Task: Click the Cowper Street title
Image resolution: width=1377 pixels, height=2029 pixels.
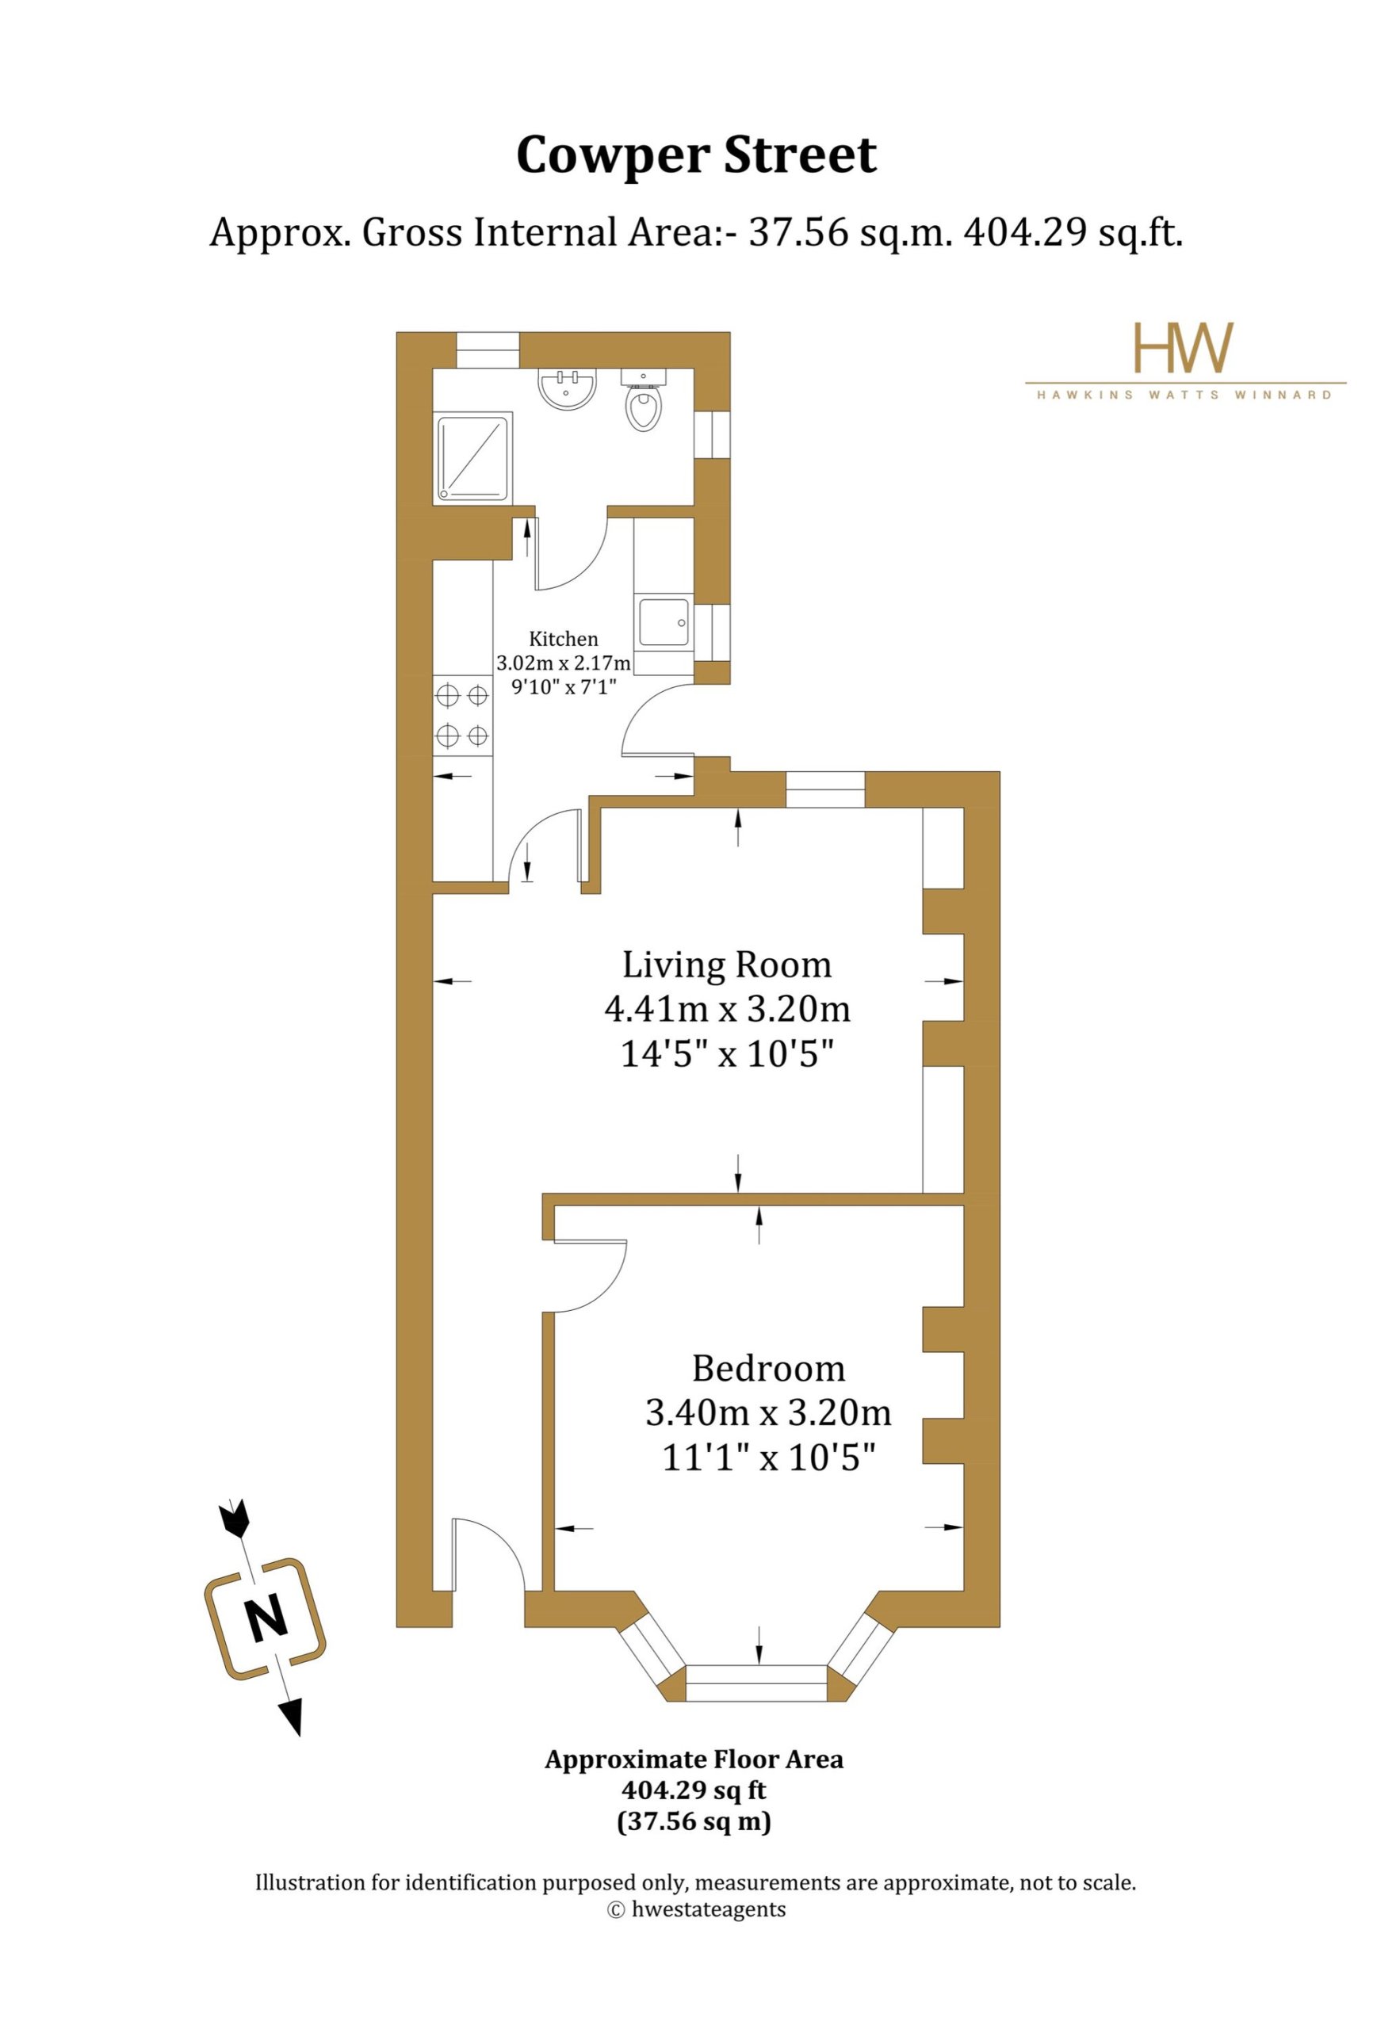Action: click(x=696, y=155)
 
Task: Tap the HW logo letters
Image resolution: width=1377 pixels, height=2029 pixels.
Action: click(x=1183, y=347)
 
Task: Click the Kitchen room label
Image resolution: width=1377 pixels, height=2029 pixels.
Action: click(x=563, y=639)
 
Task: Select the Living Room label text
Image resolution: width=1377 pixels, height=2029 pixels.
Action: click(x=726, y=965)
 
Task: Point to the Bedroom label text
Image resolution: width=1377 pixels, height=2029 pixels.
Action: click(x=768, y=1368)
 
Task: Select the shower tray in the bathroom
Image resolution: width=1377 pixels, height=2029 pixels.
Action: click(x=472, y=458)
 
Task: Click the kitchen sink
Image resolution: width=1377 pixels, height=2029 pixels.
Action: click(x=664, y=621)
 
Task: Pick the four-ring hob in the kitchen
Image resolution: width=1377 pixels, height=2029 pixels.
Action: click(x=463, y=716)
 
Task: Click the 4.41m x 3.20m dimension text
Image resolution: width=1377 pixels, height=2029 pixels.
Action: click(x=726, y=1009)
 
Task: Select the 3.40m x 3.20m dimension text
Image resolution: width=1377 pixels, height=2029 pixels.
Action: click(x=768, y=1412)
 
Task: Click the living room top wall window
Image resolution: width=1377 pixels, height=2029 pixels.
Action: click(x=825, y=789)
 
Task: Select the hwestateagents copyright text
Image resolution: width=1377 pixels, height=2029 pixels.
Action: click(x=696, y=1909)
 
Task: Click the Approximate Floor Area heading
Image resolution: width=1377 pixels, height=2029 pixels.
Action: click(x=694, y=1760)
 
